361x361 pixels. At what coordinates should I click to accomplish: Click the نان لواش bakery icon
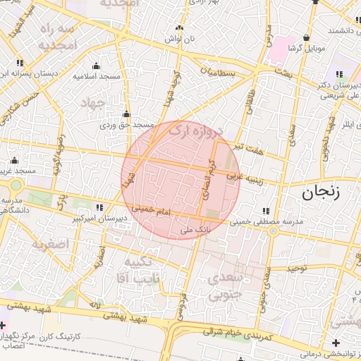click(x=180, y=29)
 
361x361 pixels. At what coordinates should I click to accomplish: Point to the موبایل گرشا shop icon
click(x=307, y=37)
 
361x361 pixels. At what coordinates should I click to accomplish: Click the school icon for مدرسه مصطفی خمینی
click(x=266, y=211)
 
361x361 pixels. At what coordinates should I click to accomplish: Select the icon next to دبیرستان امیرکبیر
click(x=99, y=207)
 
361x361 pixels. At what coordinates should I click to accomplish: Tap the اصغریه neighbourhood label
click(x=50, y=244)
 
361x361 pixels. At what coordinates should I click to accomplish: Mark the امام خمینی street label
click(x=150, y=209)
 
